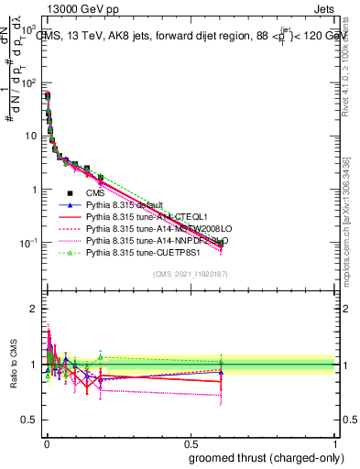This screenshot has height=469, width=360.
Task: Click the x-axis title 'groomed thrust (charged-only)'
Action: [266, 456]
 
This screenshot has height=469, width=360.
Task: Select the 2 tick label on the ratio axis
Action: [33, 308]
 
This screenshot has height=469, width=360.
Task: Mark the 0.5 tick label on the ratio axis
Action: [30, 395]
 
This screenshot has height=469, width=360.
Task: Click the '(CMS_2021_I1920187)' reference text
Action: [190, 274]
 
